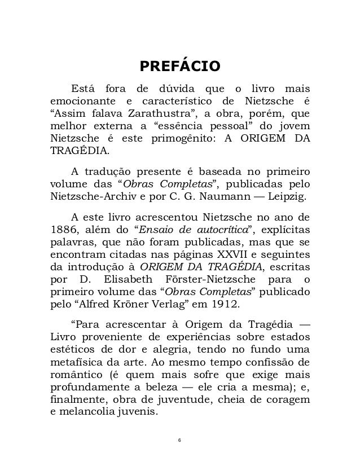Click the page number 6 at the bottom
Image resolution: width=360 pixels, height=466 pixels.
click(x=179, y=439)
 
